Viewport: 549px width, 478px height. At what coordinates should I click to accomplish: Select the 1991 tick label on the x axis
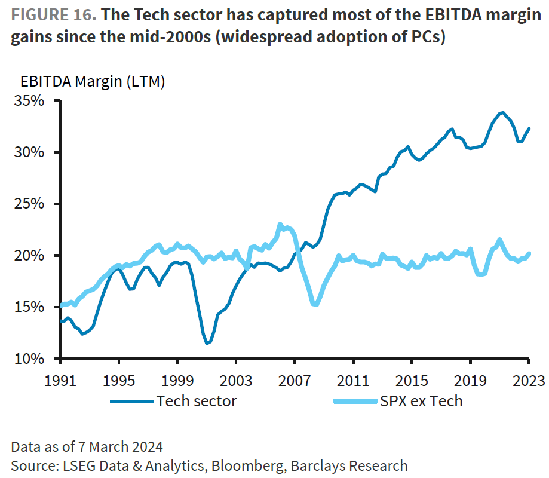(60, 379)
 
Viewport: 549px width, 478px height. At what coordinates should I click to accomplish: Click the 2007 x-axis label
(295, 379)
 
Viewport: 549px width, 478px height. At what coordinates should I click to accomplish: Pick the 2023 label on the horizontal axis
(529, 379)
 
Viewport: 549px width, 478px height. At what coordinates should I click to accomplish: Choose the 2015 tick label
(412, 379)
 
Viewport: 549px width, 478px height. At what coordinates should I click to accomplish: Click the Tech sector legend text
(197, 400)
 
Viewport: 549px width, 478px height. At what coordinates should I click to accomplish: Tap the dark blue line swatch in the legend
(131, 401)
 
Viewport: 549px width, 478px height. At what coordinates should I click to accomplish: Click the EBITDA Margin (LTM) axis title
(93, 82)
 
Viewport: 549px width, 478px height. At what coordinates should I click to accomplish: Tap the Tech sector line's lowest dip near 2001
(207, 343)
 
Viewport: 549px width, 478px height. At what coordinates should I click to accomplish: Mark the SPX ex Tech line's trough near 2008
(315, 304)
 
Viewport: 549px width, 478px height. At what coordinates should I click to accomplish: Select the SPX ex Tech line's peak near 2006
(280, 225)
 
